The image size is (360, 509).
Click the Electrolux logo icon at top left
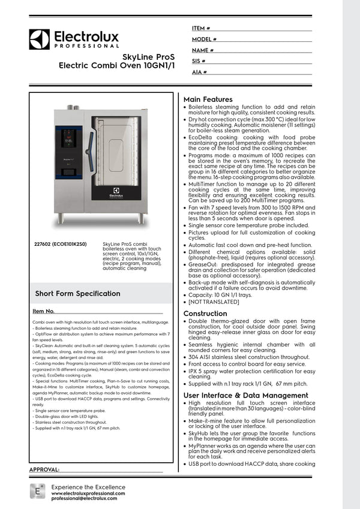[x=39, y=39]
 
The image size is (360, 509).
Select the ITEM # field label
[x=200, y=28]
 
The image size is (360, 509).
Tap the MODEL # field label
[x=203, y=40]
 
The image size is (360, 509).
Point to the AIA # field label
[x=199, y=72]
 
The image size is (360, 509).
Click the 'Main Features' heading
[x=208, y=99]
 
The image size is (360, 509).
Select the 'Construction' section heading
[x=205, y=314]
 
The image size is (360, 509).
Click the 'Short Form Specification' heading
[x=77, y=293]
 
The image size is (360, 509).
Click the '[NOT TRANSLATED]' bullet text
[x=214, y=302]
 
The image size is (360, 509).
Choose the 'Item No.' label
[x=43, y=311]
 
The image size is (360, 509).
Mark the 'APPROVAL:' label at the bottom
[x=44, y=469]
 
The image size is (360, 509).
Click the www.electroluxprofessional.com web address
[x=88, y=493]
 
